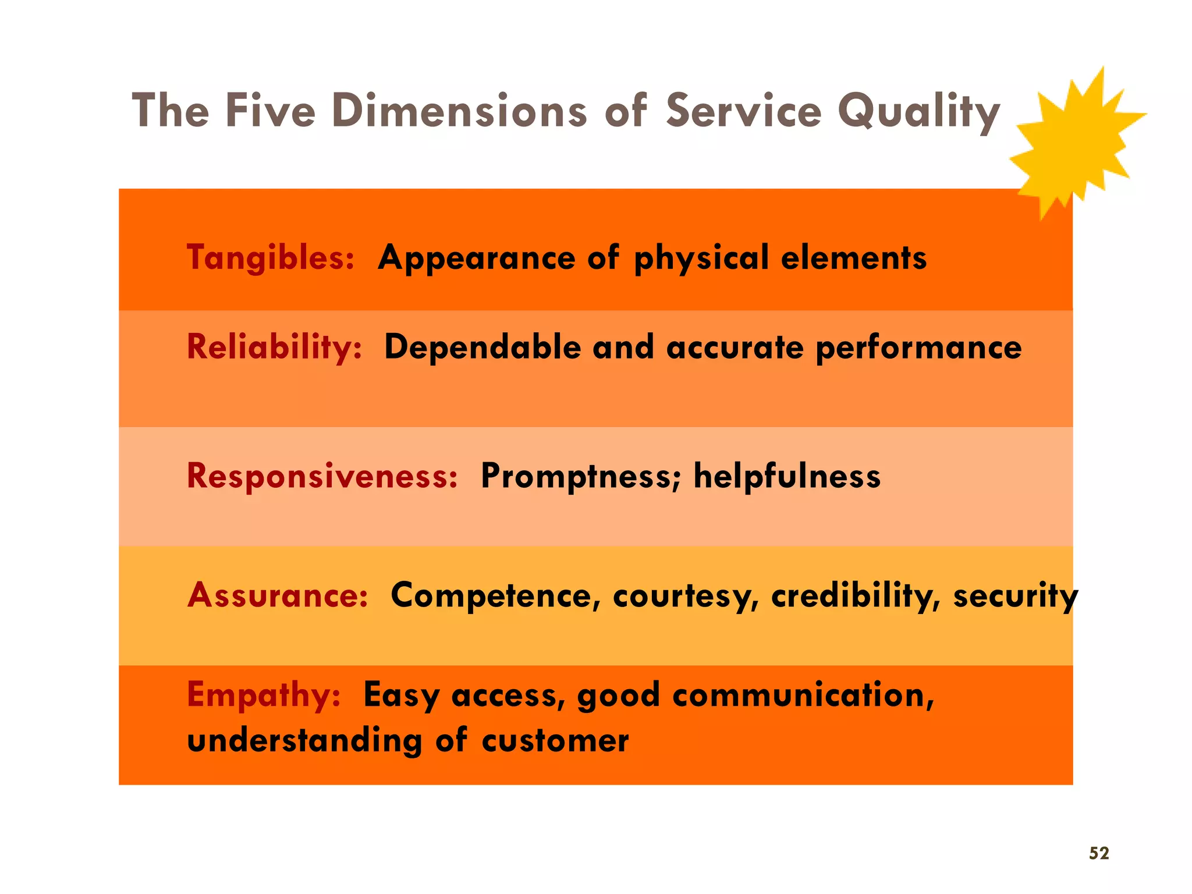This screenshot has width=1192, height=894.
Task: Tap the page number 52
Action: point(1099,853)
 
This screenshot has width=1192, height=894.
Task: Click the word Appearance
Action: point(476,258)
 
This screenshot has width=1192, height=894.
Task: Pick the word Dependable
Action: point(483,347)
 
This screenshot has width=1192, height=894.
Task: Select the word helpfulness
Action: point(787,476)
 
